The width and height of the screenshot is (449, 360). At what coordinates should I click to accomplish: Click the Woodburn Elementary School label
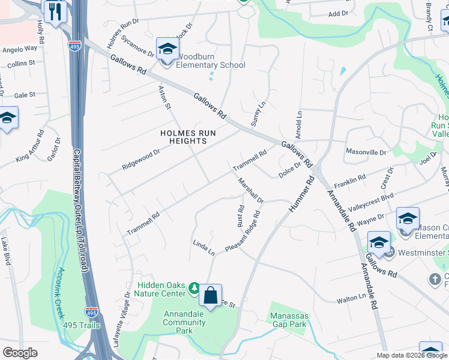click(x=210, y=65)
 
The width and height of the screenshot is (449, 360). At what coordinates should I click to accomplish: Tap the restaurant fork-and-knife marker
click(x=55, y=11)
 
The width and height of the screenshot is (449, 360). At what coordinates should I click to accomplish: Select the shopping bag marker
click(x=210, y=296)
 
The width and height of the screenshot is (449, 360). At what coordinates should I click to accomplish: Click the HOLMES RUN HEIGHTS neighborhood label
click(x=183, y=137)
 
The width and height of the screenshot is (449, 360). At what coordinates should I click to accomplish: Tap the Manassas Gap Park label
click(x=288, y=320)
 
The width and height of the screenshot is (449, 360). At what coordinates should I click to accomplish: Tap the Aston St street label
click(x=165, y=97)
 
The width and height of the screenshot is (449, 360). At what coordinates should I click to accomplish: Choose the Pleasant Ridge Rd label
click(x=243, y=231)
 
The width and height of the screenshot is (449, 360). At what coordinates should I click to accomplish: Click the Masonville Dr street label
click(x=366, y=153)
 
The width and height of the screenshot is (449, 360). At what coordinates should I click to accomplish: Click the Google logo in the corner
click(x=20, y=353)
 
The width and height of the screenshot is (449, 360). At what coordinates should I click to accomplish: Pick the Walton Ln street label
click(x=351, y=298)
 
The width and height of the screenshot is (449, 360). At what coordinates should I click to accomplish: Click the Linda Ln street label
click(x=203, y=247)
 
